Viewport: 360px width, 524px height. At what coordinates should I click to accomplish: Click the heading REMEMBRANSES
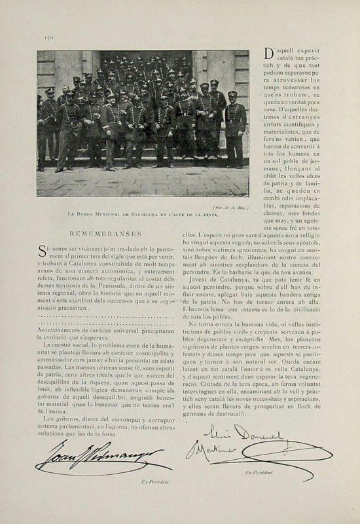point(103,233)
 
